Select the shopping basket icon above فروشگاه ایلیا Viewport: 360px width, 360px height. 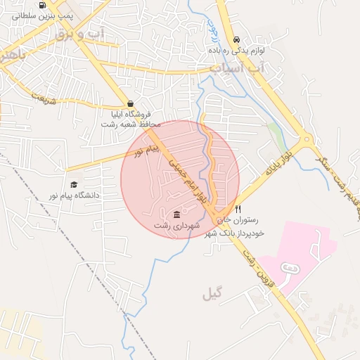[x=131, y=103]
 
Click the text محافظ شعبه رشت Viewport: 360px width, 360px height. [x=131, y=124]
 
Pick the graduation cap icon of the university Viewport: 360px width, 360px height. [x=73, y=184]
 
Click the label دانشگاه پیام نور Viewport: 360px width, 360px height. [x=73, y=195]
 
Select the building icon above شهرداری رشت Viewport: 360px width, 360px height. [x=176, y=214]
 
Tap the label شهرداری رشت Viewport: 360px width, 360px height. [x=177, y=224]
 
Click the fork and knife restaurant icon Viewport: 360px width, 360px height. [x=238, y=209]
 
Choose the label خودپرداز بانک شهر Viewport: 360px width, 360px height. [x=233, y=232]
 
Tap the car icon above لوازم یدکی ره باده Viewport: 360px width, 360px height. [x=236, y=40]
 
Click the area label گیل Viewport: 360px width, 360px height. [x=212, y=293]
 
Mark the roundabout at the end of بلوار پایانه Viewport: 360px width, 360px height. [x=306, y=141]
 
